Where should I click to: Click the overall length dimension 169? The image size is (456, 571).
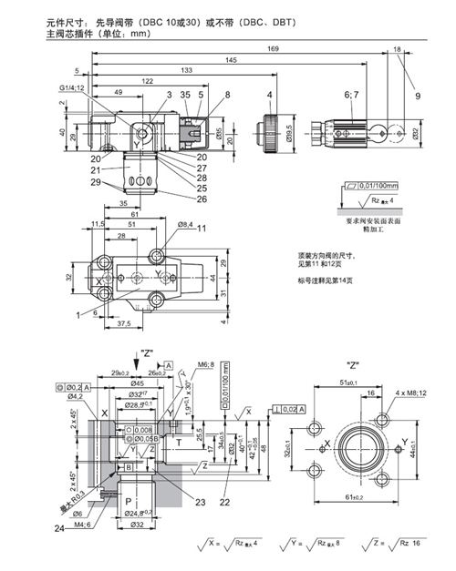(x=248, y=48)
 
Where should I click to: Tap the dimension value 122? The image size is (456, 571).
(x=147, y=81)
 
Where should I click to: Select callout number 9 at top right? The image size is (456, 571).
(x=419, y=95)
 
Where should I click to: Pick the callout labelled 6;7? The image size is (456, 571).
(x=349, y=94)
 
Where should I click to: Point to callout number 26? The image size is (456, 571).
(x=202, y=199)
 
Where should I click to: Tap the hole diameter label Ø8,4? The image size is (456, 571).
(x=184, y=224)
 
